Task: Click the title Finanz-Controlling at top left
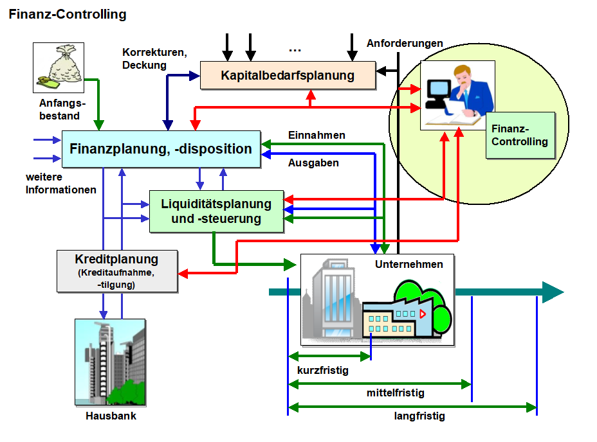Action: [x=68, y=14]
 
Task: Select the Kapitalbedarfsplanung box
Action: [x=288, y=75]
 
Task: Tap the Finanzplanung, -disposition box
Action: [x=161, y=150]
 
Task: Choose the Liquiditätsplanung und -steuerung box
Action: [x=216, y=211]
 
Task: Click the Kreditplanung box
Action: [x=116, y=270]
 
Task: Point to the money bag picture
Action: [x=59, y=67]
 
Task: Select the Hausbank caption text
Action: [x=111, y=416]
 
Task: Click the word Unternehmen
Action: [x=409, y=264]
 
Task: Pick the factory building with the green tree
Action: [x=405, y=312]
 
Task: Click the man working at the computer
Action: [x=458, y=95]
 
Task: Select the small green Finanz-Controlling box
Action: [x=520, y=136]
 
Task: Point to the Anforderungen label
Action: [x=405, y=44]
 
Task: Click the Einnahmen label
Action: [x=317, y=136]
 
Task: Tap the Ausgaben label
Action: [x=313, y=163]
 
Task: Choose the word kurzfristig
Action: [x=323, y=370]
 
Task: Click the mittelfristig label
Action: [x=396, y=393]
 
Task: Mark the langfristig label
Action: [x=419, y=416]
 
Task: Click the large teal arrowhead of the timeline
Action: [x=551, y=292]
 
